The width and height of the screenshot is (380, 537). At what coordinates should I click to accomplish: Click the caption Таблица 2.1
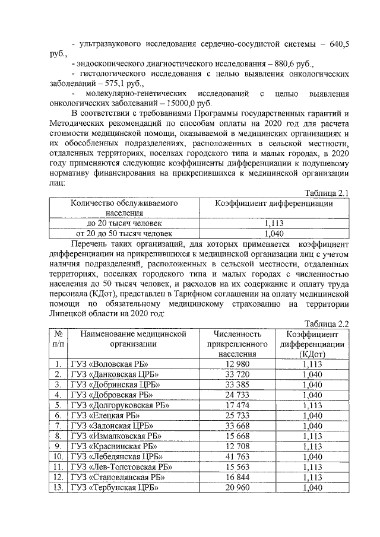[325, 192]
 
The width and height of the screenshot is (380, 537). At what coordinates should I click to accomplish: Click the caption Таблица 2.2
[325, 323]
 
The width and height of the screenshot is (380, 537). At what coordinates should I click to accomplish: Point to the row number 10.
[58, 456]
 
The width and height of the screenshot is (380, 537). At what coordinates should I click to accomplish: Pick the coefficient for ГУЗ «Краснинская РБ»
[312, 446]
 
